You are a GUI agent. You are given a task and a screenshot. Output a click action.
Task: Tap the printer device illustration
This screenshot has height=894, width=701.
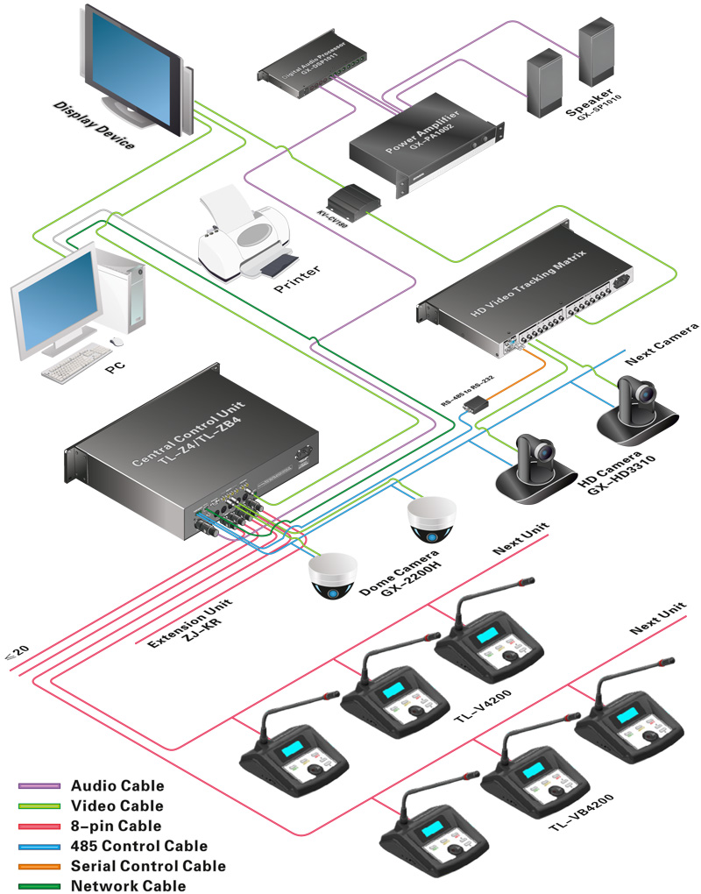click(244, 234)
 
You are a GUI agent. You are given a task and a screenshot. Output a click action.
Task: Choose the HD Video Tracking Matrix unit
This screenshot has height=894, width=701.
click(526, 294)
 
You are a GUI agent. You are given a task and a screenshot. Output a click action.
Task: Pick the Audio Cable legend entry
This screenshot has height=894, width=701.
click(117, 786)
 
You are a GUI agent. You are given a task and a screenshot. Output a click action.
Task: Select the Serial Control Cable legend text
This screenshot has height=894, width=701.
click(148, 866)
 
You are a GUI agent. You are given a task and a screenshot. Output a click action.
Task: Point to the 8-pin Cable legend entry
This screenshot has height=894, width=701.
click(116, 826)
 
